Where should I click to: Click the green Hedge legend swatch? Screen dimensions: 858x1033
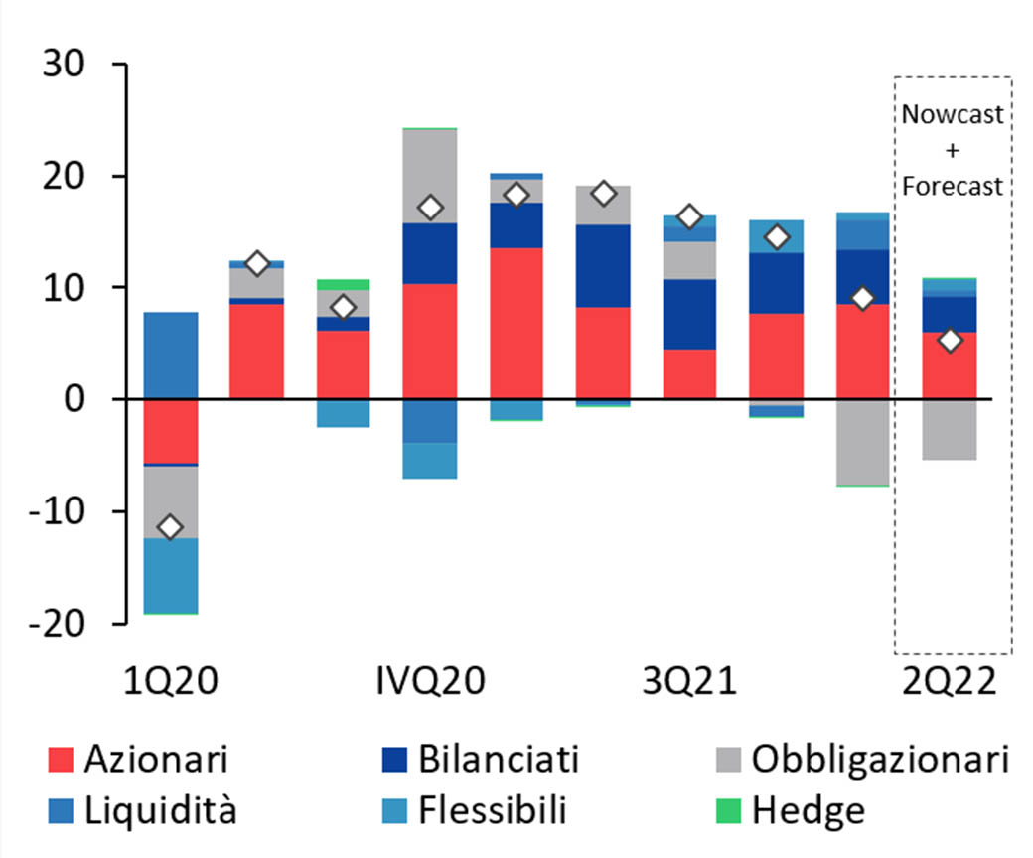click(728, 811)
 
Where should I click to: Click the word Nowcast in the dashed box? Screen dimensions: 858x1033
click(953, 114)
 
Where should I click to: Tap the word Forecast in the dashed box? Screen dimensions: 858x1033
click(953, 187)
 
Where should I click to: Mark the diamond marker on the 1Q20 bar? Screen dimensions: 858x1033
click(171, 527)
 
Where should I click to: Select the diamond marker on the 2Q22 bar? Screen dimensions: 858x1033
click(950, 341)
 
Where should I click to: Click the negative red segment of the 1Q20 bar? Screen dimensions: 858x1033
click(171, 431)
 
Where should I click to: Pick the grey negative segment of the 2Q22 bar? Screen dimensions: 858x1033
click(950, 429)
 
